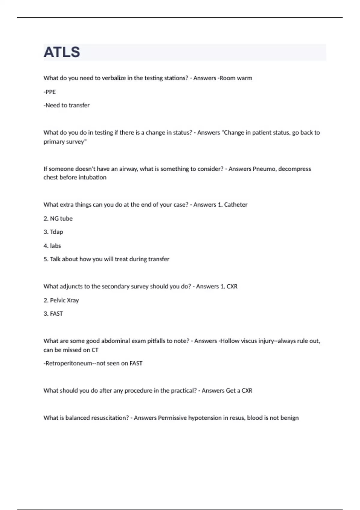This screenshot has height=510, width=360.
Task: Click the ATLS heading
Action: (62, 52)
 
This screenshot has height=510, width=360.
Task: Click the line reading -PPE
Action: (50, 92)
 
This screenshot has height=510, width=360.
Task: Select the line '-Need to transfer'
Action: (67, 105)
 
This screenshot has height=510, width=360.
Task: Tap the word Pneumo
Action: (264, 169)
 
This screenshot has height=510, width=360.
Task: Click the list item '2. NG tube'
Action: (58, 218)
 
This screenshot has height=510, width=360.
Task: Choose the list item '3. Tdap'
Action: (53, 232)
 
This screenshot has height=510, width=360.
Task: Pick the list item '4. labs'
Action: (52, 246)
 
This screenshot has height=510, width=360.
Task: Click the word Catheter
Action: (235, 205)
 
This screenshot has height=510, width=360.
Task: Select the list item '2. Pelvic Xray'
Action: (61, 300)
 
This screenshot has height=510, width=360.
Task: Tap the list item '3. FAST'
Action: (53, 314)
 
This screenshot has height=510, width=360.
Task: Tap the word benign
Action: (290, 418)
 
